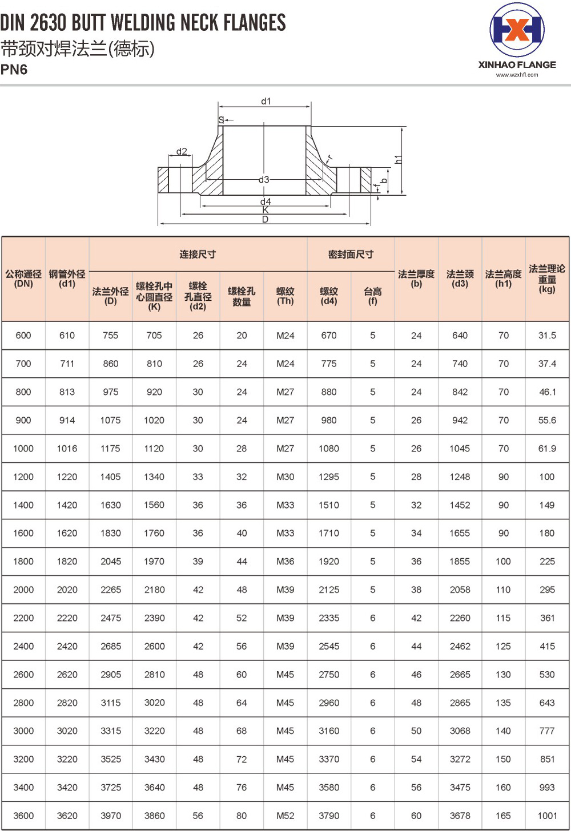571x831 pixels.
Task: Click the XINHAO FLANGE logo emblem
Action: (517, 30)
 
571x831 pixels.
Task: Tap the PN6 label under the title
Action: (14, 70)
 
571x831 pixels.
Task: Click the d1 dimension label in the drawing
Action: (266, 101)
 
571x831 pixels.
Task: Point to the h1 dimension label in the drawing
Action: (399, 159)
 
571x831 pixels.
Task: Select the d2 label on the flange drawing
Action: (182, 151)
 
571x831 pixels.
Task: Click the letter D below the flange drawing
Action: (266, 220)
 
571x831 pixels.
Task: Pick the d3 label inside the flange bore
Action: (263, 179)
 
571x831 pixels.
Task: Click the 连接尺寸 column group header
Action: (198, 254)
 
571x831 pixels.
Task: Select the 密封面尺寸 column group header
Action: (351, 254)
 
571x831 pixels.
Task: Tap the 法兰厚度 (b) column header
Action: (416, 279)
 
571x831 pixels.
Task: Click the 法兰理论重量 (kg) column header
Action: (547, 279)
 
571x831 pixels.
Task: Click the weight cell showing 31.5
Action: (547, 336)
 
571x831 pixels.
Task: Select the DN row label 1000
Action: (23, 449)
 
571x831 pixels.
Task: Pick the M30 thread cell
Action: (285, 477)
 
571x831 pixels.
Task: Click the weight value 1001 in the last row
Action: (547, 816)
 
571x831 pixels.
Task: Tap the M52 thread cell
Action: (285, 816)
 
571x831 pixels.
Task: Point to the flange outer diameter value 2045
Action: (111, 562)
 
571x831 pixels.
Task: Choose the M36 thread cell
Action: (285, 562)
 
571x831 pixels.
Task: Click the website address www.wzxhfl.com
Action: (517, 75)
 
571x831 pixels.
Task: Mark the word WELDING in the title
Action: (143, 23)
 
